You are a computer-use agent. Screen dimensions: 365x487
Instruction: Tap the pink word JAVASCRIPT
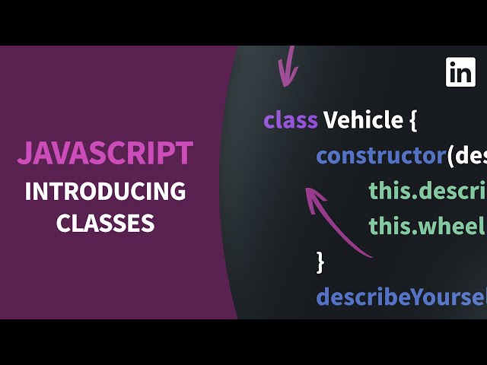click(x=105, y=154)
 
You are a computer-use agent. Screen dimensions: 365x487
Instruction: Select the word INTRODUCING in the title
click(x=105, y=190)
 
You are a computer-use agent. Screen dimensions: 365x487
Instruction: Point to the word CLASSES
click(x=105, y=222)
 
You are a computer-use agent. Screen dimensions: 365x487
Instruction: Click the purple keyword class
click(x=291, y=119)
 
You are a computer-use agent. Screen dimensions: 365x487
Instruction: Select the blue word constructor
click(x=380, y=155)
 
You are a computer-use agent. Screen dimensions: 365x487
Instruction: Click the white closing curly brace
click(x=320, y=262)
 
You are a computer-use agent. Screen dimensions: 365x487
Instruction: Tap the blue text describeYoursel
click(x=401, y=296)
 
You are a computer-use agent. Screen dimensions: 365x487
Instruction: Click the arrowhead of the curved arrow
click(x=311, y=196)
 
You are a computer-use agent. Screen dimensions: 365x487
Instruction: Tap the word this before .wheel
click(x=390, y=226)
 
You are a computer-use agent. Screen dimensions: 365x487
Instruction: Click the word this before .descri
click(x=390, y=190)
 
